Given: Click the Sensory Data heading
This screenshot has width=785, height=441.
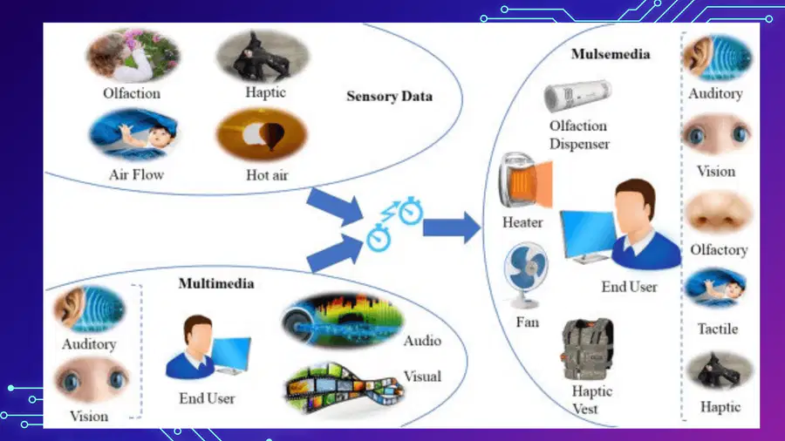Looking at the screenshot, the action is [390, 96].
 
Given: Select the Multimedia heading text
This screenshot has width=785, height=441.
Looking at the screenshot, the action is [216, 283].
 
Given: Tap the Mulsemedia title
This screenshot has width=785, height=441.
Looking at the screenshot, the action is [611, 54].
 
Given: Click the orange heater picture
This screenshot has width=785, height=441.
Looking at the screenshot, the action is [525, 180].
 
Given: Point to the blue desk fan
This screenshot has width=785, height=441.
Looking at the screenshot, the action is [526, 275].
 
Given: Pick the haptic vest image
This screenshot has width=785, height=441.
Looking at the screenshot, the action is [588, 349].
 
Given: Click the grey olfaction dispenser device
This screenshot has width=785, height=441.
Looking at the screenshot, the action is [577, 95].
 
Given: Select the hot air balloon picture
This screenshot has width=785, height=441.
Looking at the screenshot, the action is [262, 135].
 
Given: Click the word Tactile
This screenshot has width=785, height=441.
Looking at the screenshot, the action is [718, 329].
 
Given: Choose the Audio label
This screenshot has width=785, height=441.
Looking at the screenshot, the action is [422, 341].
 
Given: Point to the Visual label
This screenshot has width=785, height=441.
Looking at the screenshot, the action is [422, 377].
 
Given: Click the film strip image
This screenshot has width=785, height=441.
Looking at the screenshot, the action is [344, 389].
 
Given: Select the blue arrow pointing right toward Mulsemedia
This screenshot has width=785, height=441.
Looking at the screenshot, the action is [452, 227].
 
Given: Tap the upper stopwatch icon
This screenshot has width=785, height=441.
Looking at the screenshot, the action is [411, 211].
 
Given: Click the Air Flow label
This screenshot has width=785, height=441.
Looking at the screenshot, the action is [136, 174].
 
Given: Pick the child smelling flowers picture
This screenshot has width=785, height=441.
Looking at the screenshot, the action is [133, 56].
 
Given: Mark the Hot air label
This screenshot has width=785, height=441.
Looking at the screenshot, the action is [267, 175].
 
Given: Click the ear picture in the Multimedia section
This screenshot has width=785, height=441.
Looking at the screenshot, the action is [89, 309].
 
